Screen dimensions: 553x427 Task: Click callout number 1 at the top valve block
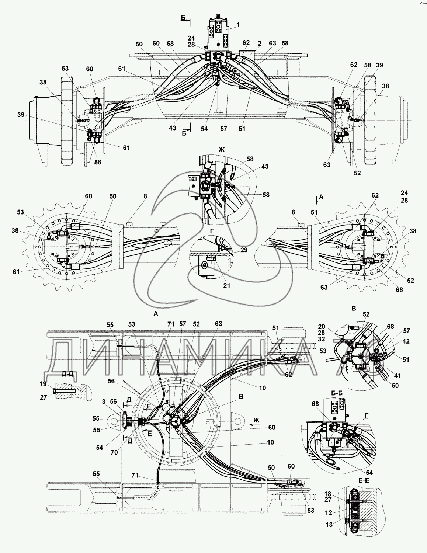click(238, 25)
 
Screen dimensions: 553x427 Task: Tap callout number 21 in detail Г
click(226, 285)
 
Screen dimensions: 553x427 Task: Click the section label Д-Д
click(67, 374)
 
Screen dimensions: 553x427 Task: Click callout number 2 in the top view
click(260, 44)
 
